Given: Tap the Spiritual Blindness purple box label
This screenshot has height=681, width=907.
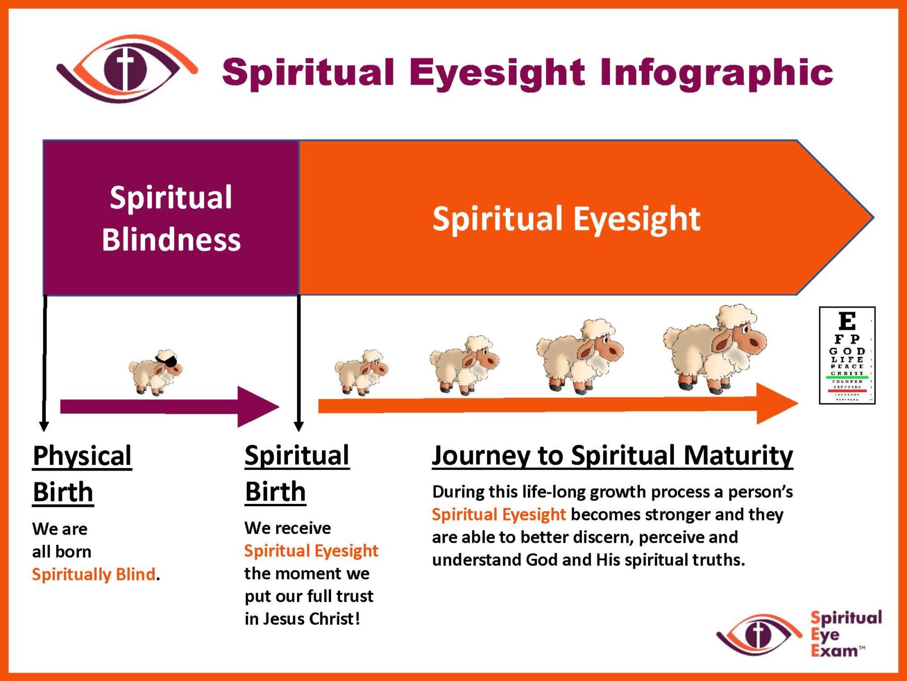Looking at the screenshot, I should tap(171, 218).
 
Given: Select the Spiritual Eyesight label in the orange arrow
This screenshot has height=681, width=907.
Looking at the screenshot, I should tap(566, 218).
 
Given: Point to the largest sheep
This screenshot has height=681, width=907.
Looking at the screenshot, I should tap(714, 349).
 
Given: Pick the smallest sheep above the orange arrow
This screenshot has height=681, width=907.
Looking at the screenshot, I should tap(361, 372).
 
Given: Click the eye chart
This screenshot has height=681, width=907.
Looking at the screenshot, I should tap(847, 355).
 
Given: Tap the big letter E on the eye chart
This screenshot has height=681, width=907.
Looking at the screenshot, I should tap(847, 322).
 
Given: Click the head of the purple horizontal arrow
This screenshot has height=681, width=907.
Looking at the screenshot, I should tap(258, 406).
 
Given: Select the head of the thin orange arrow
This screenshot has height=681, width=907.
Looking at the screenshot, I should tap(777, 403).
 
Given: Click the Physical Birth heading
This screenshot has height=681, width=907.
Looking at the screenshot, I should tap(82, 474).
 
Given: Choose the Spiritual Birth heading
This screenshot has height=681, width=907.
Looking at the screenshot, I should tap(296, 473).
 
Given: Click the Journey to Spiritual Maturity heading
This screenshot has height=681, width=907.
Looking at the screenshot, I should tap(612, 456).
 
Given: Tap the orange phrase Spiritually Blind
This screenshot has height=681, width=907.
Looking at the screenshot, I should tap(94, 574).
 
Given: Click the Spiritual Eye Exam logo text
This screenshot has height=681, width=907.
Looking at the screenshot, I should tap(846, 634).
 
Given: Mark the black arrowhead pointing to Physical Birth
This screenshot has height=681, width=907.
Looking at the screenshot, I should tap(44, 426).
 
